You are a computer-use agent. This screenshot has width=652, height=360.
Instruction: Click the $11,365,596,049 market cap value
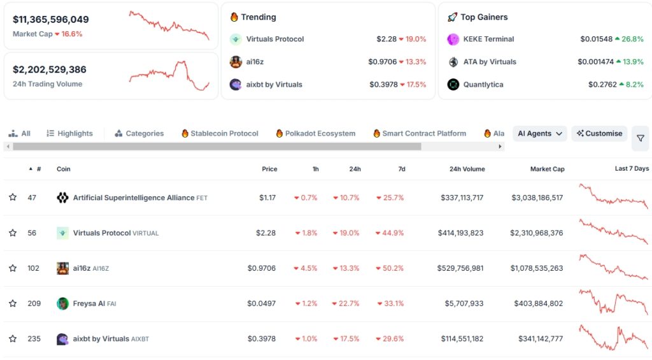coord(51,20)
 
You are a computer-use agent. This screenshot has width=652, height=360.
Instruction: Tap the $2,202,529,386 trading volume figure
coord(50,69)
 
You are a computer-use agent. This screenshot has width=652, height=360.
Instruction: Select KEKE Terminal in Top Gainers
coord(488,39)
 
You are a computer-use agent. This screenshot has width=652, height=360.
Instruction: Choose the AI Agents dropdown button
coord(539,134)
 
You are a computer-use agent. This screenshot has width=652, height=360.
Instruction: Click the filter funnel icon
coord(640,138)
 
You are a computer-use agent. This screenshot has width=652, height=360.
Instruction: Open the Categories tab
coord(139,134)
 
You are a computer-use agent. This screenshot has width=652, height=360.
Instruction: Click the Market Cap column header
coord(547,169)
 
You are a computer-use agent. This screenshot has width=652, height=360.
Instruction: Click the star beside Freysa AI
coord(13,304)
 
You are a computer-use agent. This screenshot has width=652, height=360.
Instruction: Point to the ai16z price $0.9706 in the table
coord(261,268)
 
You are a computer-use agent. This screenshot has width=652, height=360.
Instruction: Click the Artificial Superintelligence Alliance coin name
coord(134,198)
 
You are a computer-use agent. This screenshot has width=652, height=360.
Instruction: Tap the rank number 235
coord(34,339)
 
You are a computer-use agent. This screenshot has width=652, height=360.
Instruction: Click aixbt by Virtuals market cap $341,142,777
coord(537,339)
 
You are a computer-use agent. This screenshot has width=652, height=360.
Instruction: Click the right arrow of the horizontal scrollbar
coord(500,147)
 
